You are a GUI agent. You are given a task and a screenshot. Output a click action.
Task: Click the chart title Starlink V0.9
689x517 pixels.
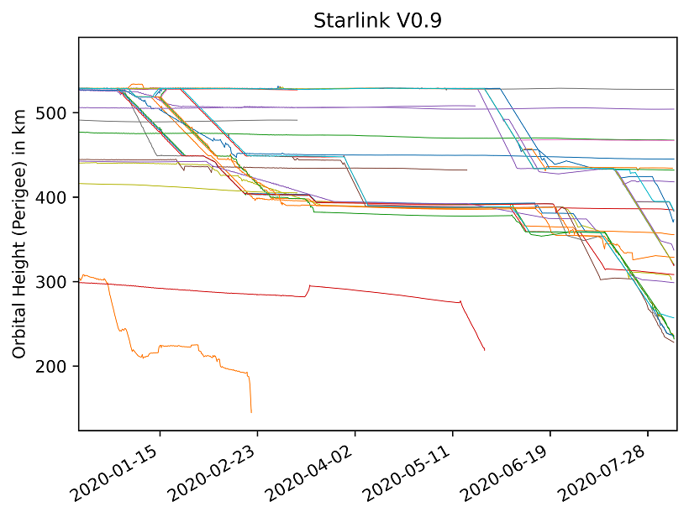pyautogui.click(x=377, y=21)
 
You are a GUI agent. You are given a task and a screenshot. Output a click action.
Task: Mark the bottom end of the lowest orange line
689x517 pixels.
pyautogui.click(x=251, y=412)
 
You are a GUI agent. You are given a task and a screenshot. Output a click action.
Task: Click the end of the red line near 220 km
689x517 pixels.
pyautogui.click(x=485, y=350)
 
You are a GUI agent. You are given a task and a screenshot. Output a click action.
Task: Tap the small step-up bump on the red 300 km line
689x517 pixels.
pyautogui.click(x=310, y=286)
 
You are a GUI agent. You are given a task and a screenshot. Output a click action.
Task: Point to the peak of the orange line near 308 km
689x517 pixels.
pyautogui.click(x=84, y=274)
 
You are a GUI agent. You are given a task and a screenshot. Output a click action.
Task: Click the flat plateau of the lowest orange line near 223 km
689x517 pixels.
pyautogui.click(x=176, y=345)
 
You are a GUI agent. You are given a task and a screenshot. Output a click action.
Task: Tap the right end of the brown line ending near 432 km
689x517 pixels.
pyautogui.click(x=466, y=170)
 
